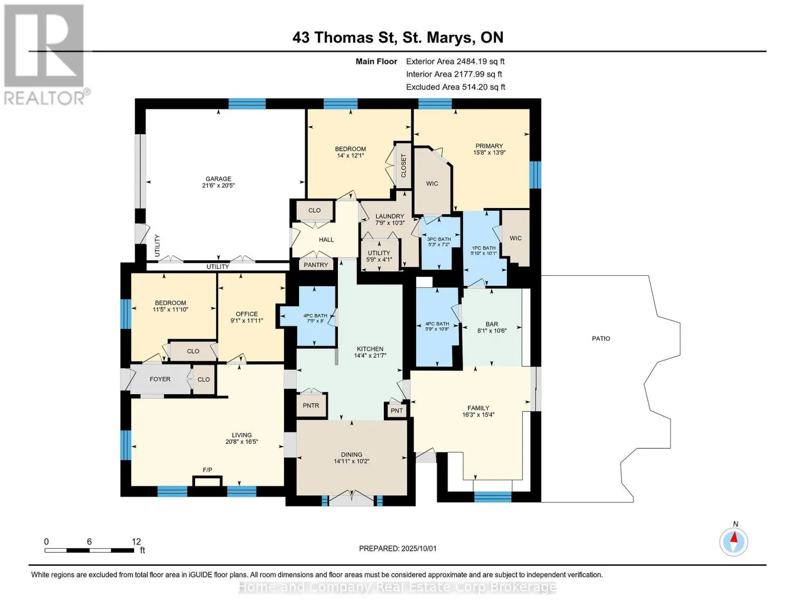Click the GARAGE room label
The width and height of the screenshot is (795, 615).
218,179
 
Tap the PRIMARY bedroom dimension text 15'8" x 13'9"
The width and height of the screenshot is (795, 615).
489,152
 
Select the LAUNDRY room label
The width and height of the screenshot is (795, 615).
389,216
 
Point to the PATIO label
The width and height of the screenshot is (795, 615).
601,338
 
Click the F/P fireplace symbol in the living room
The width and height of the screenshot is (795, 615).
207,481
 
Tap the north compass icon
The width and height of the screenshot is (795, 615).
734,541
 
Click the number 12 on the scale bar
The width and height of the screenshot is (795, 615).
136,541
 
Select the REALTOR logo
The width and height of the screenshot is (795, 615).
45,55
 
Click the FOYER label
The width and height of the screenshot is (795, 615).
160,379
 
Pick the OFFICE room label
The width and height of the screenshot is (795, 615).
247,314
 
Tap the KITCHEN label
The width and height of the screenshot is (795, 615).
370,348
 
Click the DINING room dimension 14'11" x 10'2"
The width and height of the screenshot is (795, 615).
352,461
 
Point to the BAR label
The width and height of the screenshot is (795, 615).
492,324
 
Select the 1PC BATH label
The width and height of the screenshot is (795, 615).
484,248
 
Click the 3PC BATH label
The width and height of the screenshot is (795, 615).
439,239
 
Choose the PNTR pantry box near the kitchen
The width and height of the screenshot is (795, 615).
311,405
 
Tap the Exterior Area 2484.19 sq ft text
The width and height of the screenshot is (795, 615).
455,61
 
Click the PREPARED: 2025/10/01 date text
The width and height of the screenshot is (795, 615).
398,548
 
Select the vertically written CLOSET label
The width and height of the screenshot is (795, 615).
403,166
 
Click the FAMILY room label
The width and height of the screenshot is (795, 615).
478,407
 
